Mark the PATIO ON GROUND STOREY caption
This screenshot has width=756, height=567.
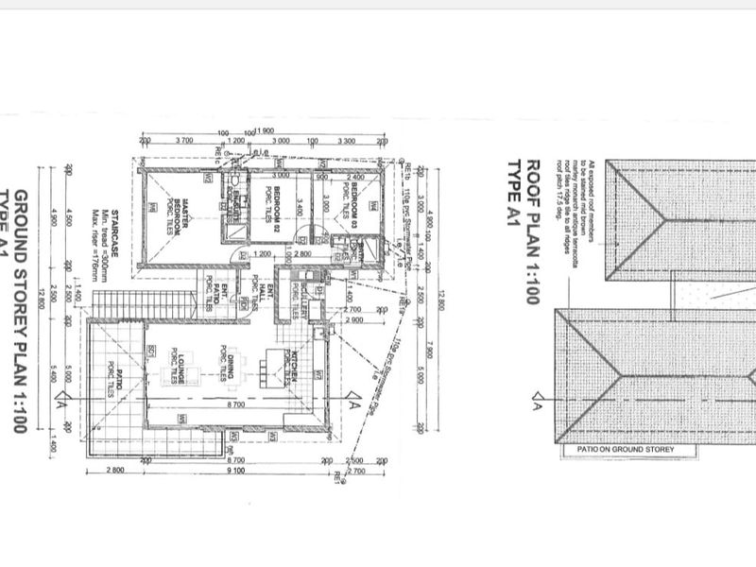pyautogui.click(x=619, y=450)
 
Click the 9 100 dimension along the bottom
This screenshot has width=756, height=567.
pyautogui.click(x=237, y=470)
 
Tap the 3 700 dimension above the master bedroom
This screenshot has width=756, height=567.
pyautogui.click(x=185, y=140)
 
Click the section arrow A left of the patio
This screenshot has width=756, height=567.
pyautogui.click(x=62, y=404)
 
